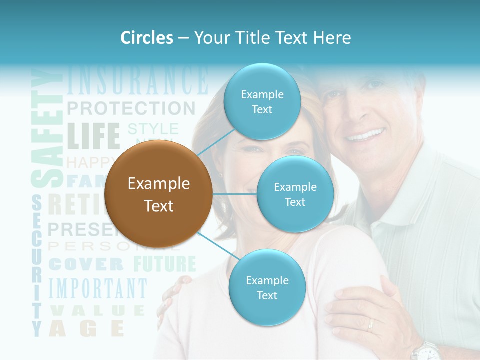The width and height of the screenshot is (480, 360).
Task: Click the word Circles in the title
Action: pyautogui.click(x=147, y=38)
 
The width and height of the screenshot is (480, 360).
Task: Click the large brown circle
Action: pyautogui.click(x=158, y=194)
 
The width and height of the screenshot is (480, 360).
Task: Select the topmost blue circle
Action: pyautogui.click(x=262, y=102)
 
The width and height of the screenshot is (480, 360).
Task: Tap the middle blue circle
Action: pyautogui.click(x=295, y=194)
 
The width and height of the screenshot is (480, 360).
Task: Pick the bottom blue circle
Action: pyautogui.click(x=267, y=288)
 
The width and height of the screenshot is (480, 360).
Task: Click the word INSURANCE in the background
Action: pyautogui.click(x=137, y=80)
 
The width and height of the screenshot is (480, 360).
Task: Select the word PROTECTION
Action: pyautogui.click(x=131, y=108)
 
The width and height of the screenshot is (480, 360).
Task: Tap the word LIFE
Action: pyautogui.click(x=94, y=136)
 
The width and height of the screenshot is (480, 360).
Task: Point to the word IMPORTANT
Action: pyautogui.click(x=98, y=289)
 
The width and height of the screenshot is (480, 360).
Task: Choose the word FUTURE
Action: pyautogui.click(x=164, y=264)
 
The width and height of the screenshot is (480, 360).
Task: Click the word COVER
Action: pyautogui.click(x=86, y=264)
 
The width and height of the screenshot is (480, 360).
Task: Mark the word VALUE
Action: pyautogui.click(x=98, y=311)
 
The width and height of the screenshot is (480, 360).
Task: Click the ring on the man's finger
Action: pyautogui.click(x=370, y=325)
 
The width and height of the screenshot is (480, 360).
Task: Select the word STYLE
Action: pyautogui.click(x=153, y=129)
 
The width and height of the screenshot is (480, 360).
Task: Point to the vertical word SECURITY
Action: pyautogui.click(x=37, y=265)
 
